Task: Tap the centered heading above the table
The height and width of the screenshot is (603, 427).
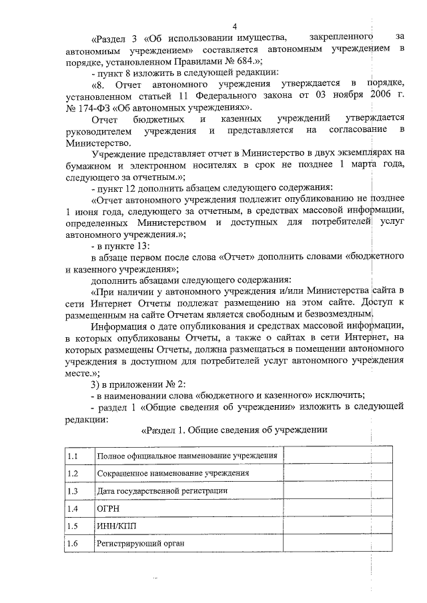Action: pyautogui.click(x=234, y=430)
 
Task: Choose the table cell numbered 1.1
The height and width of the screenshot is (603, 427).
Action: pyautogui.click(x=79, y=456)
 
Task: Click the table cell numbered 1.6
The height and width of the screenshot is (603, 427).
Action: pyautogui.click(x=79, y=544)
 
